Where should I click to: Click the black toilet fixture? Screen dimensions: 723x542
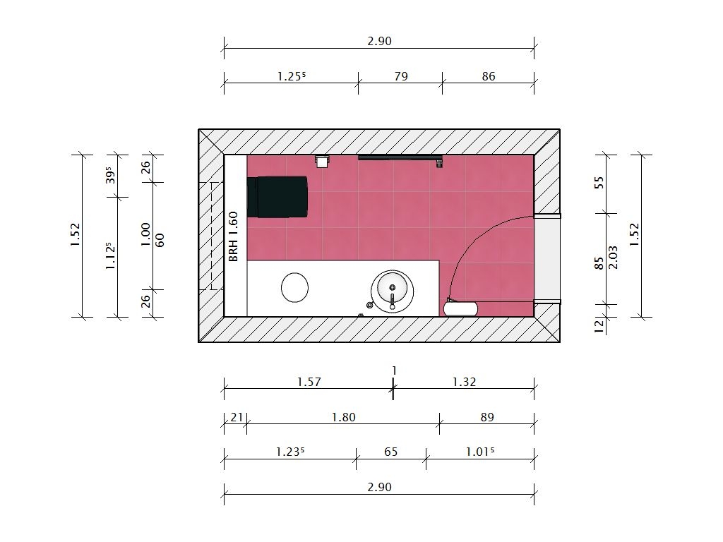click(x=277, y=196)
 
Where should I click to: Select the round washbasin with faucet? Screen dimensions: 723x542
click(x=392, y=291)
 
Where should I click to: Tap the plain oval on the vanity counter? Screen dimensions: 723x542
click(x=294, y=288)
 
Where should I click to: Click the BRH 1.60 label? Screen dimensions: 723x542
click(x=233, y=236)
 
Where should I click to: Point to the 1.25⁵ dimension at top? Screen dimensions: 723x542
click(x=292, y=76)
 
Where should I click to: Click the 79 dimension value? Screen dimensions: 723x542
click(x=401, y=76)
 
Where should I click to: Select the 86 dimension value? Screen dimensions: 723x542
click(x=489, y=76)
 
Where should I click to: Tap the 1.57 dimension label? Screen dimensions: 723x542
click(x=309, y=382)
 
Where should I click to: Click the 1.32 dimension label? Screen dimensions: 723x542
click(x=464, y=382)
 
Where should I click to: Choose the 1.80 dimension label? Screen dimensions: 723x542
click(x=344, y=417)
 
